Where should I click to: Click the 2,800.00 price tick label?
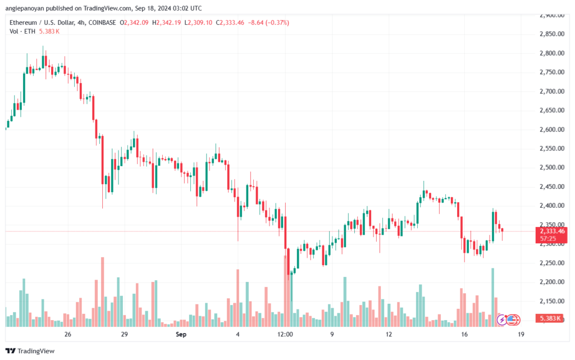pos(552,53)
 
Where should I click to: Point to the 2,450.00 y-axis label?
pos(552,186)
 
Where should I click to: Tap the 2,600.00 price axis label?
pos(552,129)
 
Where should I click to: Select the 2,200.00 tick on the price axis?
pos(552,282)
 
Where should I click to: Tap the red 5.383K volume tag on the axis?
pos(549,318)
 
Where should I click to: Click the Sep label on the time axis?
pos(181,334)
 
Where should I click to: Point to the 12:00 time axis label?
pos(285,334)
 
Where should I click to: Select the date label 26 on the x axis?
pos(67,334)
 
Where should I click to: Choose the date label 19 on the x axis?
pos(521,334)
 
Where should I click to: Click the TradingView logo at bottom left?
pos(30,351)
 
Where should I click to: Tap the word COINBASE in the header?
pos(102,22)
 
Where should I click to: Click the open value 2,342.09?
pos(136,22)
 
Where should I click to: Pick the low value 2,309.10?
pos(200,22)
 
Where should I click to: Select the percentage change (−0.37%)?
pos(277,22)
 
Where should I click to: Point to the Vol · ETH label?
pos(22,31)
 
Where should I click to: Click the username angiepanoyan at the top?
pos(25,8)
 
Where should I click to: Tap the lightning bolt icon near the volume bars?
pos(502,320)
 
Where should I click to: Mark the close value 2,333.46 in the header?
pos(232,22)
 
